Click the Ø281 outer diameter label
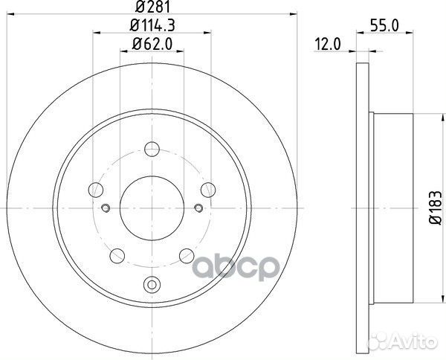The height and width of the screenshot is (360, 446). click(152, 10)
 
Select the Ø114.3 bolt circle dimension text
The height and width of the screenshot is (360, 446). click(152, 28)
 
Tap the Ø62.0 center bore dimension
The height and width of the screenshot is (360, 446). click(152, 44)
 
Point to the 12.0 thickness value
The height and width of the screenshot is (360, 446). click(326, 44)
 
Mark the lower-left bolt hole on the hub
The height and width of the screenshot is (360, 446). click(117, 257)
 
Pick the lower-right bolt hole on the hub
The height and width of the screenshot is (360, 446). click(188, 257)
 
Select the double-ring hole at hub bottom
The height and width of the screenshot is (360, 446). click(152, 283)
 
